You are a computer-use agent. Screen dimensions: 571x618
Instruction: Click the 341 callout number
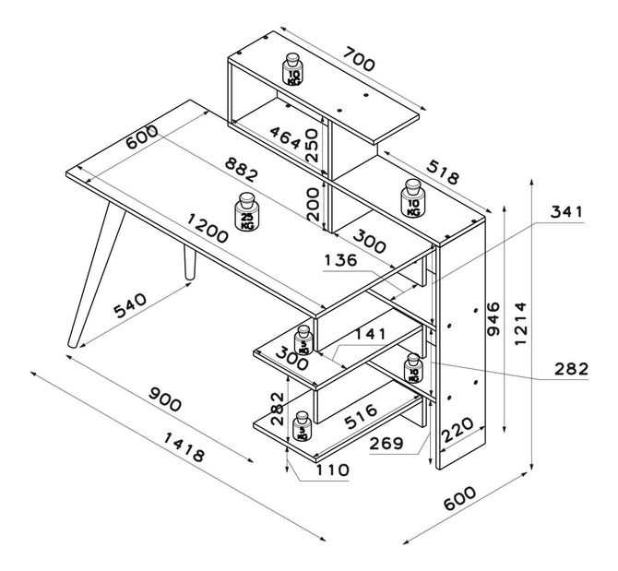pos(568,213)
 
